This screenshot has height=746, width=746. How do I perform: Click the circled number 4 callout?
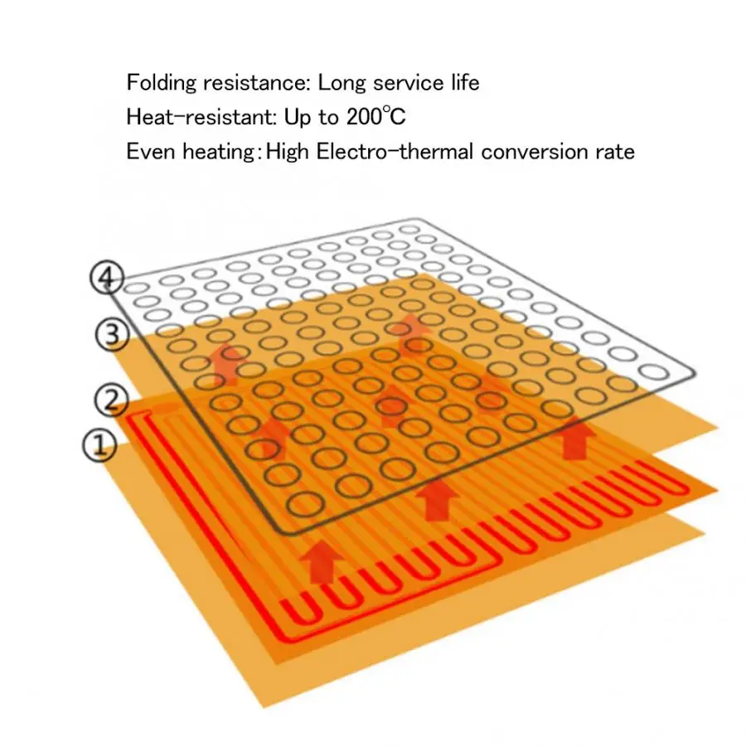(107, 278)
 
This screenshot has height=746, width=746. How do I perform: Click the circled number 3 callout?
(112, 335)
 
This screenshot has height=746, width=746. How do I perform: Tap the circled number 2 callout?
(111, 400)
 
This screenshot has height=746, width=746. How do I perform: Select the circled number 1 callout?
(99, 445)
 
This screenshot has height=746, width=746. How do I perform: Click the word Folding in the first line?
(162, 84)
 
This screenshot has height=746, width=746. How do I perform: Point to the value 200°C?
(375, 117)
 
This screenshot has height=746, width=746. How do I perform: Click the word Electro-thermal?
(395, 152)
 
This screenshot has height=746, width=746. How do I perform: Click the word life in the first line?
(465, 82)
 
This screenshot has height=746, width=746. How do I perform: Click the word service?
(409, 83)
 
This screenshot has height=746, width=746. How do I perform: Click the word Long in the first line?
(342, 84)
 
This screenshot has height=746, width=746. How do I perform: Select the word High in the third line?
(288, 153)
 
